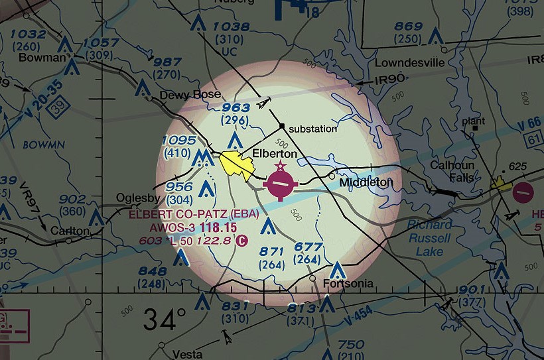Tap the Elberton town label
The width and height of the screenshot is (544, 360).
click(279, 153)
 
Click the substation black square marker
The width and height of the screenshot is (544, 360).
click(282, 126)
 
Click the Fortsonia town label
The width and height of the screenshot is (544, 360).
click(348, 284)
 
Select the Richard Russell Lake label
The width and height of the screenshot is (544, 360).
click(429, 238)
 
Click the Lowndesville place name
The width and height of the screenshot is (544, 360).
click(409, 64)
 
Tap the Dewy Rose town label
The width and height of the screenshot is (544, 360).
click(190, 95)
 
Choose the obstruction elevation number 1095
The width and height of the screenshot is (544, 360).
click(178, 141)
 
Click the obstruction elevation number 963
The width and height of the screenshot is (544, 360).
click(236, 107)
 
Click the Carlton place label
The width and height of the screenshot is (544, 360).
click(69, 230)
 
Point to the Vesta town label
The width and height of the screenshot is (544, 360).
click(186, 353)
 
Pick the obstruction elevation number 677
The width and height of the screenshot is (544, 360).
click(308, 247)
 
